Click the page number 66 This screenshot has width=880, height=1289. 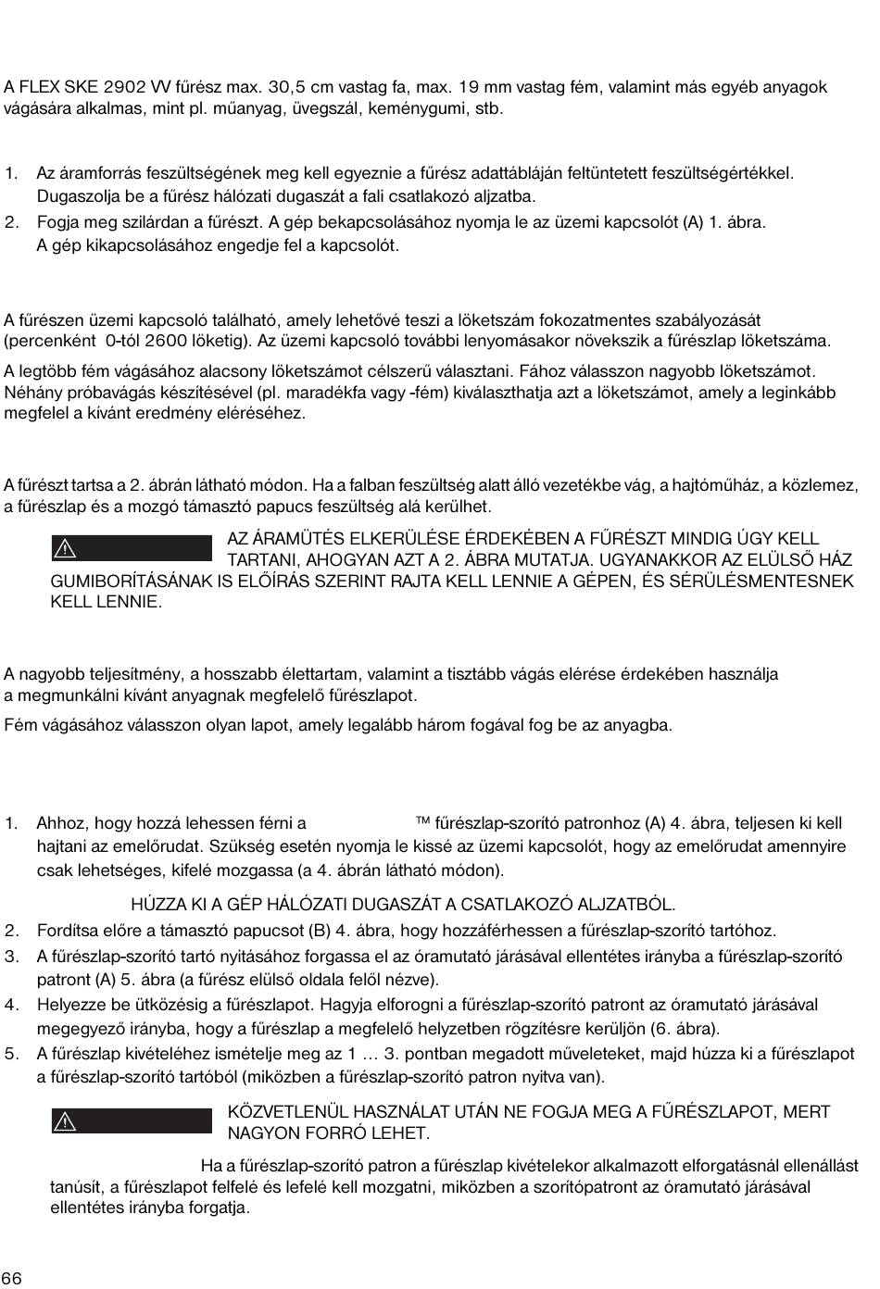(x=12, y=1279)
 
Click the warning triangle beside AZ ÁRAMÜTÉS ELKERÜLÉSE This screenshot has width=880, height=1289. (x=65, y=548)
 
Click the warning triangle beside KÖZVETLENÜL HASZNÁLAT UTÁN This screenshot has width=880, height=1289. (x=65, y=1121)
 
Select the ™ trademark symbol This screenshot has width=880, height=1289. (x=423, y=821)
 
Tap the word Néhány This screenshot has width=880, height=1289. (x=31, y=392)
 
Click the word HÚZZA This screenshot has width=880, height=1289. (x=157, y=905)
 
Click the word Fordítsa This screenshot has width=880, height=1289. (x=69, y=931)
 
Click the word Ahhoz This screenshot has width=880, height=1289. (x=58, y=823)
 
